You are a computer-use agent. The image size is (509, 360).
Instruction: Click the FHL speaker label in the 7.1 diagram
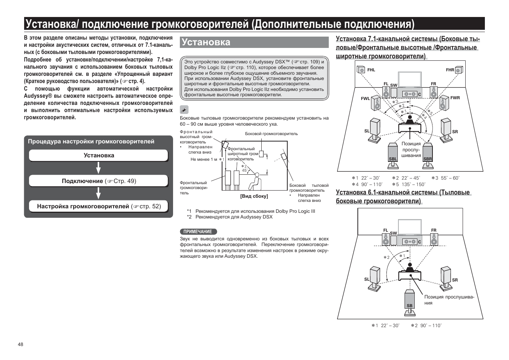(371, 70)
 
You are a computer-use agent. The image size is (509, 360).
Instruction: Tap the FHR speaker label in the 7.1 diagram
(450, 70)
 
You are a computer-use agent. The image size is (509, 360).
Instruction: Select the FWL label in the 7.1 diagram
(365, 98)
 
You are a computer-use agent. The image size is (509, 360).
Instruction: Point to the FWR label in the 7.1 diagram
(455, 98)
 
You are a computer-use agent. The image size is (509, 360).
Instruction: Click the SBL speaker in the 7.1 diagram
(393, 153)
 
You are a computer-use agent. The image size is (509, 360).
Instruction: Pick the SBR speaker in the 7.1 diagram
(428, 153)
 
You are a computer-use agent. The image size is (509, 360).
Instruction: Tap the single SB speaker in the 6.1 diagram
(410, 300)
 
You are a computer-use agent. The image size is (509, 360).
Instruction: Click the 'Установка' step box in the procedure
(98, 155)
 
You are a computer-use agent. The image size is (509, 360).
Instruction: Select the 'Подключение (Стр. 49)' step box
(98, 181)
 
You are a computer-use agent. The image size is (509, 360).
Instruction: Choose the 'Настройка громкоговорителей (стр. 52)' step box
(98, 206)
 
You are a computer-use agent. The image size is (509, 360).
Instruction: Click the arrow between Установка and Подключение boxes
(98, 168)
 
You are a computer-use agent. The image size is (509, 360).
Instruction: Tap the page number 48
(20, 344)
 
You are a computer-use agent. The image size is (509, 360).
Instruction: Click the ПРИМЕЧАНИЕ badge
(198, 232)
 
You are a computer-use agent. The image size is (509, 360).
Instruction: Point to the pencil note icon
(184, 110)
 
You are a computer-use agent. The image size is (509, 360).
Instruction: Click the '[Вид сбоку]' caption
(254, 196)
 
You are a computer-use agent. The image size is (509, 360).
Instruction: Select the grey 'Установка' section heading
(254, 42)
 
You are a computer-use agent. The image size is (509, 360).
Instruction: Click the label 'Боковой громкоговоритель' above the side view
(271, 134)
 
